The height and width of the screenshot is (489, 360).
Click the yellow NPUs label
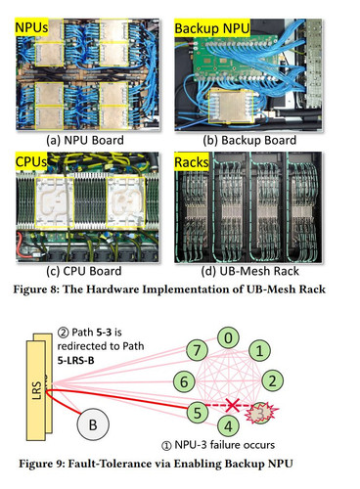tap(31, 27)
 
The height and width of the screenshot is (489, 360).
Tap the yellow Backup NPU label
tap(212, 28)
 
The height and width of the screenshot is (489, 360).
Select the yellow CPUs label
tap(31, 161)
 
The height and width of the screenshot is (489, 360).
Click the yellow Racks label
tap(192, 162)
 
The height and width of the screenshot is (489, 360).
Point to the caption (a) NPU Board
tap(85, 140)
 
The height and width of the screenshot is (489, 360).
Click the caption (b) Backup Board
tap(249, 140)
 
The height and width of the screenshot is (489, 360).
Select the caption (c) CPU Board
tap(84, 271)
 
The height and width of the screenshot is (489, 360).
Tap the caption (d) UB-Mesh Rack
tap(250, 271)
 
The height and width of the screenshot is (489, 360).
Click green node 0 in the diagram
tap(228, 338)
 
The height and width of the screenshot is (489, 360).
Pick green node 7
tap(197, 350)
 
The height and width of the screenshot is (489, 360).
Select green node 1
tap(259, 351)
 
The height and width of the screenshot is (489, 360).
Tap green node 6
tap(184, 381)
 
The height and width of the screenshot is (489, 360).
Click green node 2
tap(272, 380)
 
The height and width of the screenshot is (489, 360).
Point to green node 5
tap(198, 412)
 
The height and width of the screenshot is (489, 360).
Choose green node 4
tap(229, 425)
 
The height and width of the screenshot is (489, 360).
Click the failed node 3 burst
tap(261, 413)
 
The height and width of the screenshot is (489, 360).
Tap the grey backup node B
tap(93, 424)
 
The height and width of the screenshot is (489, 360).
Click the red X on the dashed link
tap(232, 405)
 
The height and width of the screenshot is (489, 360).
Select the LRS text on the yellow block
tap(37, 390)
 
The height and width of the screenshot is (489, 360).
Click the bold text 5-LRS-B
tap(75, 360)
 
